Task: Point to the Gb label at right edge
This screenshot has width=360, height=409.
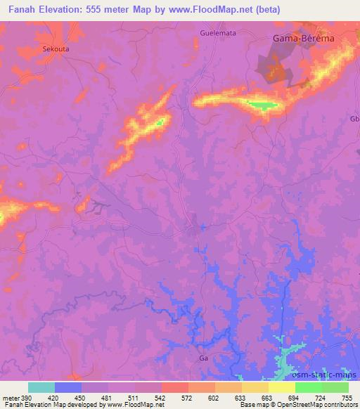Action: [354, 119]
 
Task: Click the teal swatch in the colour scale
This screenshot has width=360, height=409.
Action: [41, 387]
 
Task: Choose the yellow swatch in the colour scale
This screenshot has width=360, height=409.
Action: [282, 387]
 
